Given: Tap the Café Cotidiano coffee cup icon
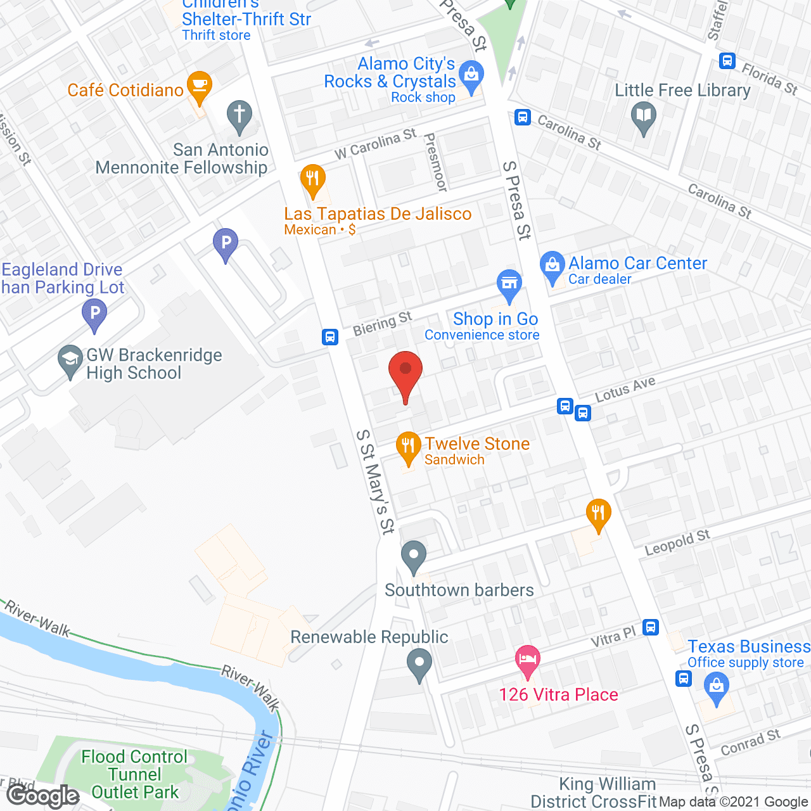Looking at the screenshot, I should [x=200, y=86].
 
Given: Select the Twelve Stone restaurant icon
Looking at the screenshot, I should [x=408, y=447].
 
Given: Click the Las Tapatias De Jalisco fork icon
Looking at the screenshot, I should [x=312, y=179].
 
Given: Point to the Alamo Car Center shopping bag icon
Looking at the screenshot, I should [x=552, y=266].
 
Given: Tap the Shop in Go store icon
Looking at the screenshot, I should [x=509, y=284].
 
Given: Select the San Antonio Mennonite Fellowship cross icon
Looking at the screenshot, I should [x=239, y=116].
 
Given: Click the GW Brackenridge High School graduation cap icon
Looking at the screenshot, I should [x=70, y=360].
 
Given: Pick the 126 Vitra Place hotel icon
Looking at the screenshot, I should [x=528, y=660].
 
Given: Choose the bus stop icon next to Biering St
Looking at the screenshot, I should [x=330, y=336].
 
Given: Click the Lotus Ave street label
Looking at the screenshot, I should [x=625, y=388].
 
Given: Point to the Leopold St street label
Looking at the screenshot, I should [x=677, y=543].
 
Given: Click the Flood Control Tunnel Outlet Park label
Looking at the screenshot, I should [x=134, y=774].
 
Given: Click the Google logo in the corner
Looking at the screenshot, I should [x=43, y=796].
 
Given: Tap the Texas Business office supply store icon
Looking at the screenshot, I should [x=717, y=687].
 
